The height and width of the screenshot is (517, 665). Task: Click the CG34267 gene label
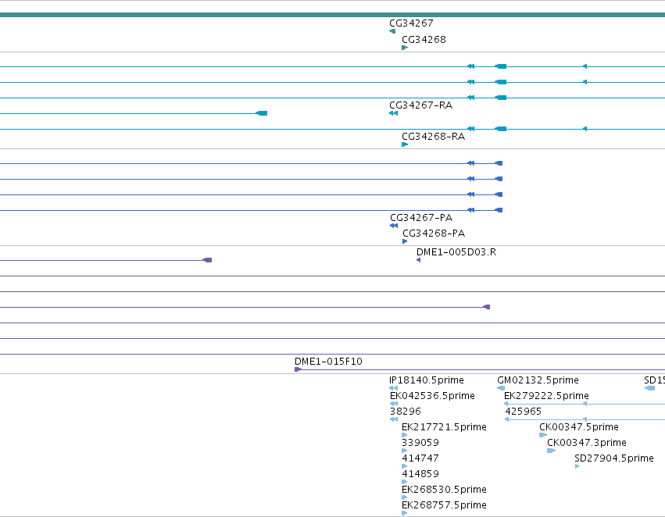click(411, 23)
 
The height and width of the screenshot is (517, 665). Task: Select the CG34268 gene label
click(424, 40)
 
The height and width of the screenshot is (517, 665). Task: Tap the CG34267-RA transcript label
click(420, 105)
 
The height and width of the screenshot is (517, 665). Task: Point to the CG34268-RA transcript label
click(433, 137)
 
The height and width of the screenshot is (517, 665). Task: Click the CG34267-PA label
click(421, 218)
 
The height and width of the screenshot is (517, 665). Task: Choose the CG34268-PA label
click(434, 234)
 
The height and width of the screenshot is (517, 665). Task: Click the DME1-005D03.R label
click(456, 252)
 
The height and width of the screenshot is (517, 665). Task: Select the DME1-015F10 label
click(328, 362)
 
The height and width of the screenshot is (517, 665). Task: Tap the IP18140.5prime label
click(426, 380)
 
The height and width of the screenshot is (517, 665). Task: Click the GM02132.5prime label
click(538, 380)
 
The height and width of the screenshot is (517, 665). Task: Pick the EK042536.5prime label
click(432, 396)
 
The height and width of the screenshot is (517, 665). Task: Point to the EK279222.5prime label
click(546, 396)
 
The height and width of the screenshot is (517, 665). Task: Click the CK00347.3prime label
click(587, 443)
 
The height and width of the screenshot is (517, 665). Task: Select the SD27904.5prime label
click(613, 458)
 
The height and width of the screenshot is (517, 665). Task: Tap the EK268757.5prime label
click(444, 505)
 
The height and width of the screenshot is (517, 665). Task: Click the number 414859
click(420, 474)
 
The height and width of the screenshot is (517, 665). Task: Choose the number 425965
click(523, 412)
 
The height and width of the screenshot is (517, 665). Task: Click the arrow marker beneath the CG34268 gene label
click(405, 48)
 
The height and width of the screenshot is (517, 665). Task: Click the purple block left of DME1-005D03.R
click(207, 260)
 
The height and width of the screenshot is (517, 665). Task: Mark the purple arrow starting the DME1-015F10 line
click(299, 369)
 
